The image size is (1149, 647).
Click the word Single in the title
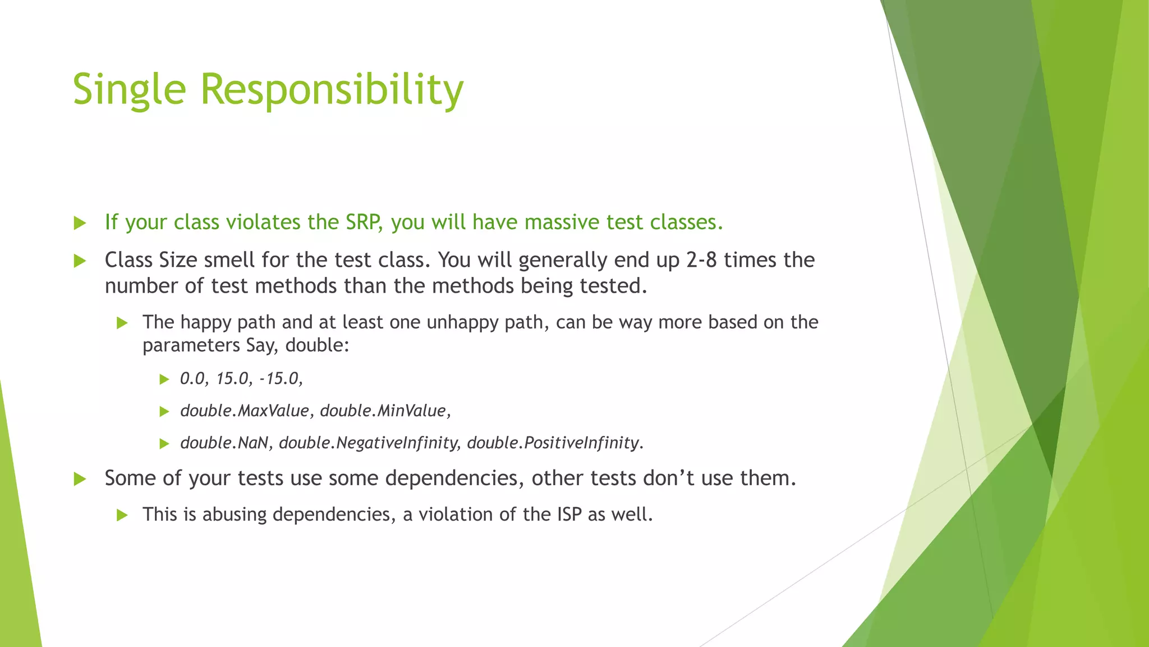coord(129,90)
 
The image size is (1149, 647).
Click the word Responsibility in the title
coord(332,90)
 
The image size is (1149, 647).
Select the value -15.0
coord(281,379)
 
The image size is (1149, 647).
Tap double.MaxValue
coord(245,411)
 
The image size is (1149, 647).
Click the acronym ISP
coord(569,514)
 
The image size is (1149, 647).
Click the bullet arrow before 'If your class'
coord(80,223)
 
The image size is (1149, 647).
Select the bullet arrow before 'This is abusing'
coord(122,515)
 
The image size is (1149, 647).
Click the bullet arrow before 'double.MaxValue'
coord(164,412)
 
